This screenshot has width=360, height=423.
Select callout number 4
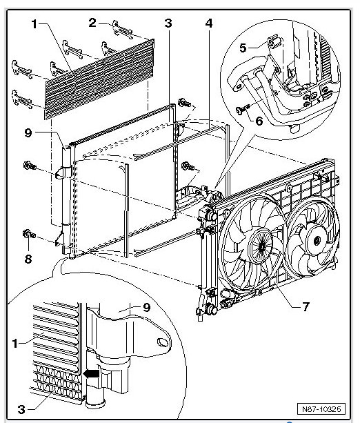208,23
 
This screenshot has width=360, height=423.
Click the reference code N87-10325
322,407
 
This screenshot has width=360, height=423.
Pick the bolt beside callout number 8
28,235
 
